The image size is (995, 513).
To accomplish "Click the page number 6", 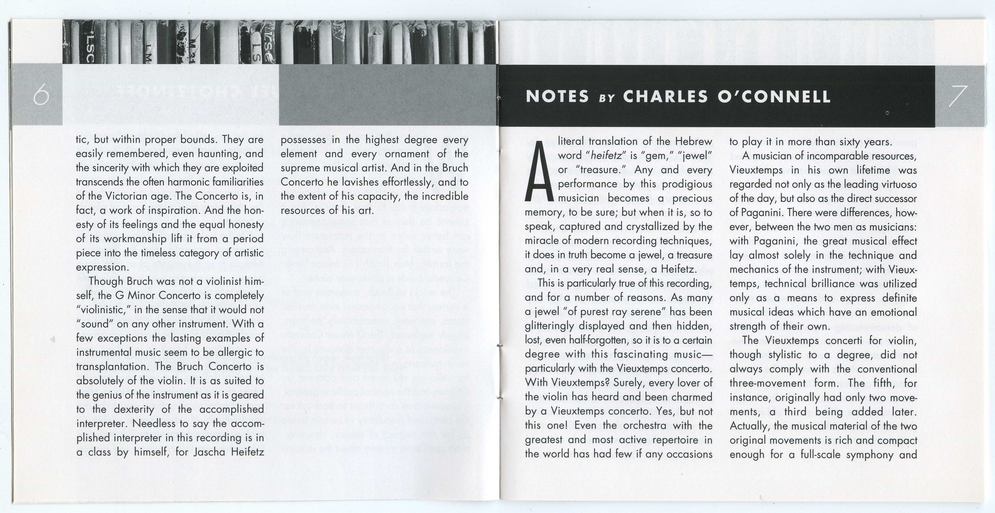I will [41, 96].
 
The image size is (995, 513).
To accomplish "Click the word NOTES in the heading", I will [557, 96].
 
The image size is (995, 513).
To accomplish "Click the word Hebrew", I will [693, 141].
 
